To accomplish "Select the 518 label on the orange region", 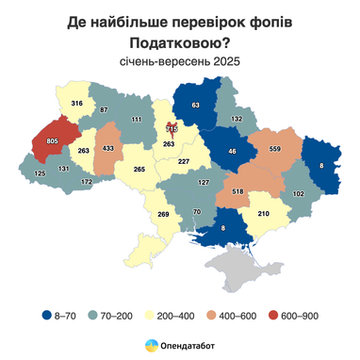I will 224,190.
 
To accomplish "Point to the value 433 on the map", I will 108,149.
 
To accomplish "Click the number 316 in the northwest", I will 77,104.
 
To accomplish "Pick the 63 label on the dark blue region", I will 196,106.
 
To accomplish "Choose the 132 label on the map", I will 237,120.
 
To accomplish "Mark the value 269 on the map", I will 161,215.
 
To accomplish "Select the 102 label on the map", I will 300,193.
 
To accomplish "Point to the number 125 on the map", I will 40,174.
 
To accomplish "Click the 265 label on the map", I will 139,170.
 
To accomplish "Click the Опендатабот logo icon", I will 149,346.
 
